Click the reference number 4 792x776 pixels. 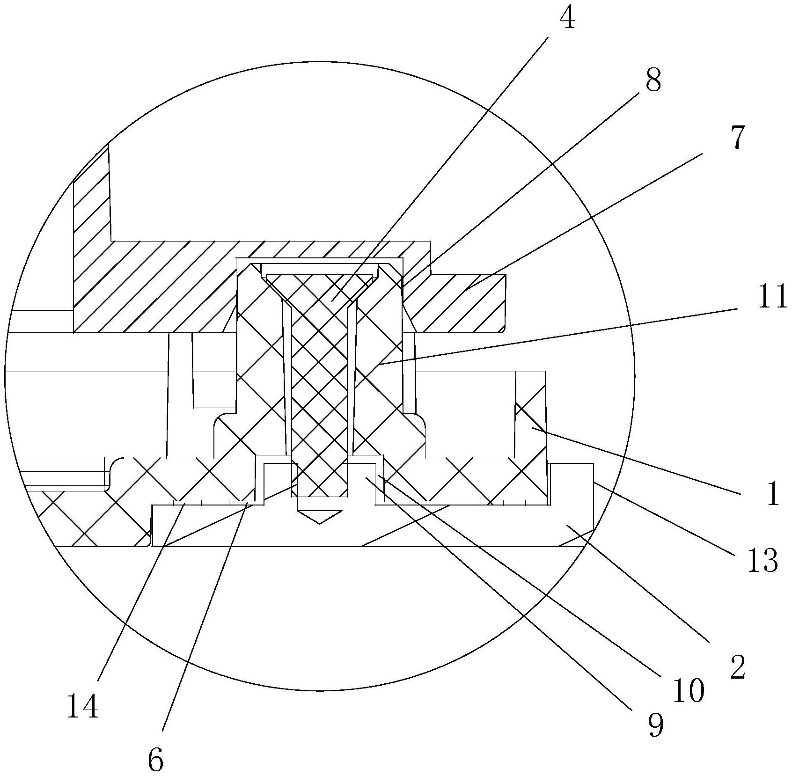click(567, 20)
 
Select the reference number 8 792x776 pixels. click(653, 81)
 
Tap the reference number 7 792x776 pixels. click(736, 138)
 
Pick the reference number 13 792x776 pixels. click(762, 560)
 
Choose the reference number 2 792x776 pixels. click(737, 667)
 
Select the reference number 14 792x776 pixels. click(83, 706)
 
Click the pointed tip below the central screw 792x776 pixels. click(319, 517)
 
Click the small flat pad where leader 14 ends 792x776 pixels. click(187, 503)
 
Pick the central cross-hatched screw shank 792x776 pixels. click(319, 398)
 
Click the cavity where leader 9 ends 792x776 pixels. click(366, 477)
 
